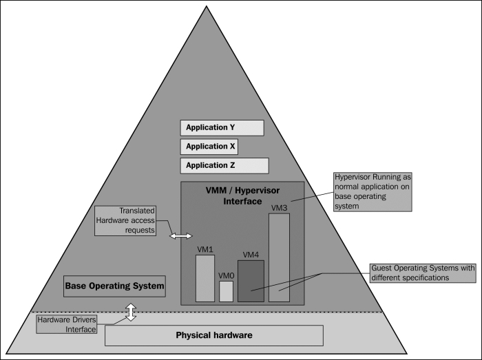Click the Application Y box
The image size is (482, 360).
tap(222, 128)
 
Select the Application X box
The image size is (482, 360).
tap(209, 147)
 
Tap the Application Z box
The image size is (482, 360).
tap(224, 166)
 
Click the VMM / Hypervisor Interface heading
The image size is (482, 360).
tap(242, 196)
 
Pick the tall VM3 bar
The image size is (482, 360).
tap(279, 257)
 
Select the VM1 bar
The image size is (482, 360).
tap(205, 278)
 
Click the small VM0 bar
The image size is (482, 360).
tap(226, 291)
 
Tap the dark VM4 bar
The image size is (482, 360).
tap(251, 281)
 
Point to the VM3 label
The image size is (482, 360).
tap(279, 208)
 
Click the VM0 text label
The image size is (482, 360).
tap(227, 276)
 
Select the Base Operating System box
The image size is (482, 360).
tap(114, 286)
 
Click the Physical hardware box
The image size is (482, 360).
tap(214, 335)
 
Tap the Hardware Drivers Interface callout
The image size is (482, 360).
tap(66, 324)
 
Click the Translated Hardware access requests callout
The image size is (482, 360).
tap(125, 220)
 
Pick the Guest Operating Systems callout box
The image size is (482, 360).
tap(423, 273)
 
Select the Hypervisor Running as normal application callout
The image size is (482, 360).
tap(373, 191)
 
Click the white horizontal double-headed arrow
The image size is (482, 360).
tap(180, 236)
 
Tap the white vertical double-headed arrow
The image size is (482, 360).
tap(131, 312)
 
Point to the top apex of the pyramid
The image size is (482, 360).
tap(207, 6)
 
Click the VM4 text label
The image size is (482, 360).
tap(251, 255)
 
